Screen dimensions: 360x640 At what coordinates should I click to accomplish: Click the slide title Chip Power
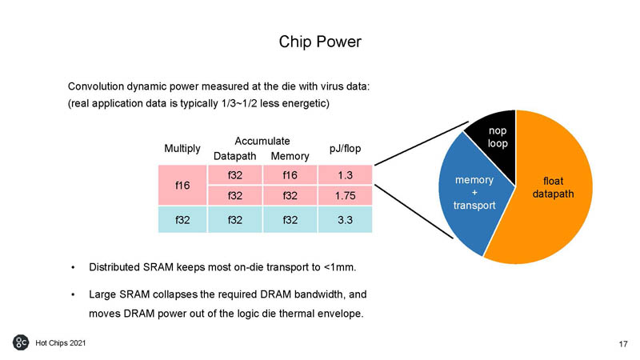click(319, 41)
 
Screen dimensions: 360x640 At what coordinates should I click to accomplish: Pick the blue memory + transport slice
click(472, 192)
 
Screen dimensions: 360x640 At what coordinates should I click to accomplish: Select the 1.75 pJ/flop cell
click(346, 195)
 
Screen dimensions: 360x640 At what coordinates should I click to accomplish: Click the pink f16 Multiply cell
click(182, 185)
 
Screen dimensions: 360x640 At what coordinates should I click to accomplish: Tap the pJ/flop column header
click(346, 148)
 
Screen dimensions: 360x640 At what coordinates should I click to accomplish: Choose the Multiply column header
click(182, 148)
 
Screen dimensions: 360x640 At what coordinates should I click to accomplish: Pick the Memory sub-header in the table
click(290, 155)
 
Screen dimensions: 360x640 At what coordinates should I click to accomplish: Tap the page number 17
click(622, 344)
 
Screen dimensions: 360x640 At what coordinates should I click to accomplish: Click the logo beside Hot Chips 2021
click(21, 343)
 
